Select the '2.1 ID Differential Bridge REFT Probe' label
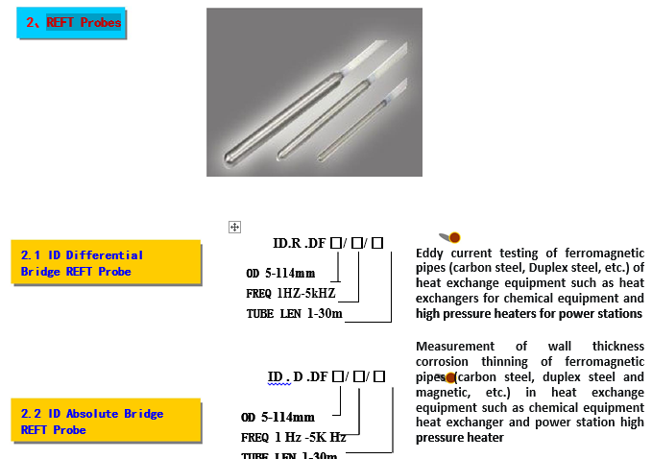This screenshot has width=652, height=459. (82, 263)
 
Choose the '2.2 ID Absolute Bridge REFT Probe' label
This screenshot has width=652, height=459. (91, 422)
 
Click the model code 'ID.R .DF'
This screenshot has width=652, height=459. (300, 243)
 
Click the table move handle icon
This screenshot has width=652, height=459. (233, 227)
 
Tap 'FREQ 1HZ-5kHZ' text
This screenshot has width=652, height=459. (291, 293)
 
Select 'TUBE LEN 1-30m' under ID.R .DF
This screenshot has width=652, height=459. (294, 314)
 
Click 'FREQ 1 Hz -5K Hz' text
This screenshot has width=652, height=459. (293, 437)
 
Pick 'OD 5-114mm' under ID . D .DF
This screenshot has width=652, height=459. (278, 417)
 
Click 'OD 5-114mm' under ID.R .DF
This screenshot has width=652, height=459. (280, 273)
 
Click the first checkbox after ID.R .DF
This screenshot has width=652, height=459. (335, 243)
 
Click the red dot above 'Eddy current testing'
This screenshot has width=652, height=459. (454, 237)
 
